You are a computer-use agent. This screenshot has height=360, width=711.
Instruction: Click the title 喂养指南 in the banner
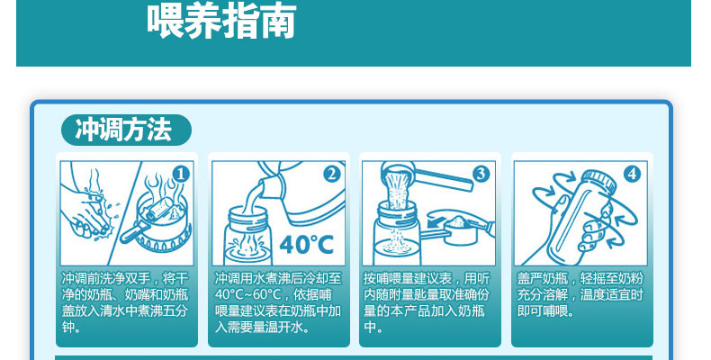(x=221, y=20)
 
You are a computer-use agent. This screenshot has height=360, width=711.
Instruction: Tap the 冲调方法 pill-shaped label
(x=126, y=130)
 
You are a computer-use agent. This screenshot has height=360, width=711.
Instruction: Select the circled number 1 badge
(x=181, y=174)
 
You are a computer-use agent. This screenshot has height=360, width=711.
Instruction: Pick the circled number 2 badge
(x=332, y=174)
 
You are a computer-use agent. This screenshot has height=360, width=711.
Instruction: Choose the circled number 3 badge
(x=481, y=174)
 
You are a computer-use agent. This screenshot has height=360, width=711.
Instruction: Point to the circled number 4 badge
(x=633, y=174)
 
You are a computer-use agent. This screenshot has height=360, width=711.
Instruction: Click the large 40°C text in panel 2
(x=307, y=245)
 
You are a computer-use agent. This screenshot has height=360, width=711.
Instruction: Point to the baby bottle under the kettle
(x=247, y=236)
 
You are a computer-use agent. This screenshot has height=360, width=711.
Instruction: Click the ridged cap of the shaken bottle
(x=598, y=181)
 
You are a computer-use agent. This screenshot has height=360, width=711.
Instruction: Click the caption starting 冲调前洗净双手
(x=125, y=303)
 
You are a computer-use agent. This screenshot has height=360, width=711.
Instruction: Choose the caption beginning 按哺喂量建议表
(x=427, y=303)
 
